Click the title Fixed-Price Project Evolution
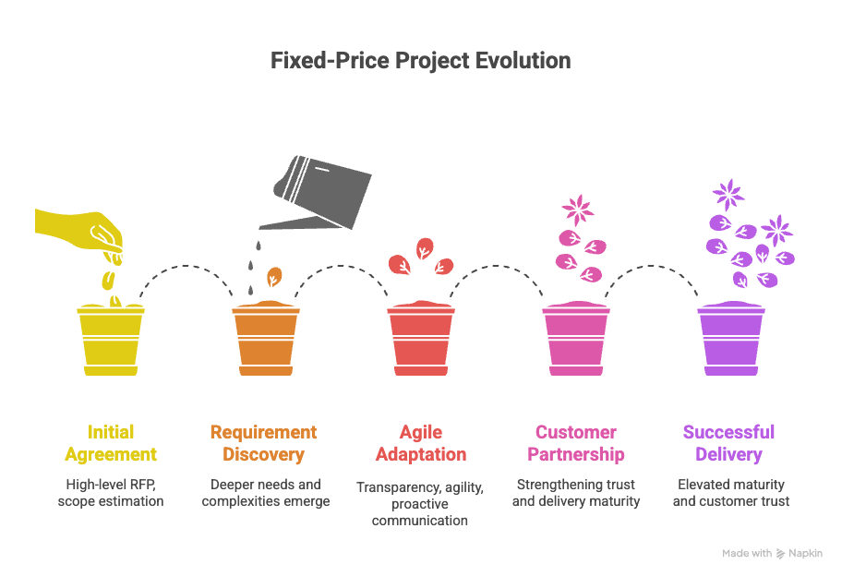coord(420,61)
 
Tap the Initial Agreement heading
coord(111,443)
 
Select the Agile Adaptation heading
coord(420,443)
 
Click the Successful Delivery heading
coord(728,443)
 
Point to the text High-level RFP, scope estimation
coord(111,493)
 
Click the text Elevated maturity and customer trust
coord(730,493)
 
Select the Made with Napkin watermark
coord(772,553)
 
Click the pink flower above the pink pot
coord(578,209)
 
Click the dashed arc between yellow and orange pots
coord(188,270)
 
